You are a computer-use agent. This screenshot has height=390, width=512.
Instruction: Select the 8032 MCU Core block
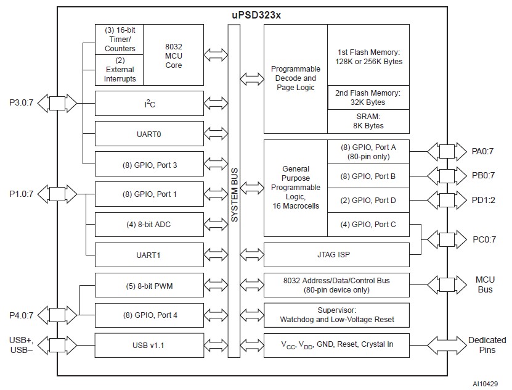coord(173,56)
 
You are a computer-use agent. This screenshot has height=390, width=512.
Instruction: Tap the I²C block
coord(149,104)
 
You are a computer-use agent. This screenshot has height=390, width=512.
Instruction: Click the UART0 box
coord(149,133)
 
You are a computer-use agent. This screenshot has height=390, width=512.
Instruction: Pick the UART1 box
coord(149,254)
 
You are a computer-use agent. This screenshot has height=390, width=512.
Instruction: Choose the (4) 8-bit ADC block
coord(149,224)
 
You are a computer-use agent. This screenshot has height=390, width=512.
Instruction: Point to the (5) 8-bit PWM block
coord(149,285)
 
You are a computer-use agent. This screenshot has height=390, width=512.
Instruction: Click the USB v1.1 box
coord(149,344)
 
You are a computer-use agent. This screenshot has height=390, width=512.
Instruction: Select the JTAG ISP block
coord(336,254)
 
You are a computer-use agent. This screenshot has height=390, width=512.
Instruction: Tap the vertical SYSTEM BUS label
coord(234,185)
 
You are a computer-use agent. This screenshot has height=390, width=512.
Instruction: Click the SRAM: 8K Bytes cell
coord(368,121)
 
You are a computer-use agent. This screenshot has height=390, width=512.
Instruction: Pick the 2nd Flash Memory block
coord(368,97)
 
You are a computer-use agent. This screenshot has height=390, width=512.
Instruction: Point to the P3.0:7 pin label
coord(22,103)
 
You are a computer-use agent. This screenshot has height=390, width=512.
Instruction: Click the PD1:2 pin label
coord(484,201)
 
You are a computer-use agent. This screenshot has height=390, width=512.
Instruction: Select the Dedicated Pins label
coord(486,344)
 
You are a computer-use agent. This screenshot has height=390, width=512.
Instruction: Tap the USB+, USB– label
coord(22,346)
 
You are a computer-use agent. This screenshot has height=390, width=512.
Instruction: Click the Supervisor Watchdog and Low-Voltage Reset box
coord(336,315)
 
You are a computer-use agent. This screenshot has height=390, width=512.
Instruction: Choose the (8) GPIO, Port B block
coord(368,176)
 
